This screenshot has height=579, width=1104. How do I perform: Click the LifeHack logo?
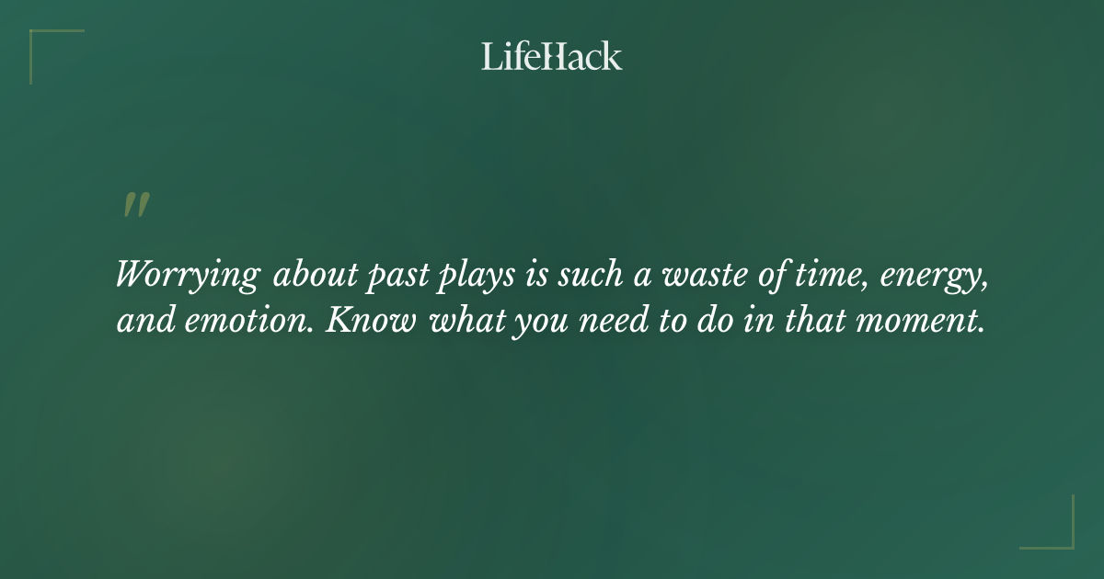click(552, 56)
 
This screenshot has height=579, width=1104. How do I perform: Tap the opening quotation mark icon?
click(136, 206)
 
